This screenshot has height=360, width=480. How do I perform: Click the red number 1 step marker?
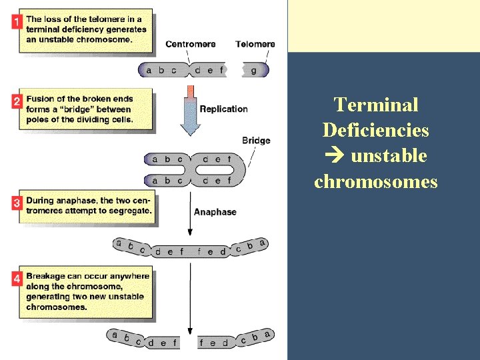pos(17,21)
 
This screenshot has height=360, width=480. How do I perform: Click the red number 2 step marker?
pos(17,101)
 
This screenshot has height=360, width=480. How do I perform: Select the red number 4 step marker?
pos(17,279)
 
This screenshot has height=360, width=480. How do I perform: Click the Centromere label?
pos(190,44)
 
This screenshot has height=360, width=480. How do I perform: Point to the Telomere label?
pos(255,44)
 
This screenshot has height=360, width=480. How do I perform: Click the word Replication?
pos(223,109)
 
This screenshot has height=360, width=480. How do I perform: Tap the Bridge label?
pos(256,140)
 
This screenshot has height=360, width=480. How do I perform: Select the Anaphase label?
pos(215,212)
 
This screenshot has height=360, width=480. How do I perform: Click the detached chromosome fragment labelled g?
pos(255,70)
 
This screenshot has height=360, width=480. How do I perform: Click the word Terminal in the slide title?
pos(376,105)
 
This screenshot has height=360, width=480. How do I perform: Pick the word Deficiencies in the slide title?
pos(375,130)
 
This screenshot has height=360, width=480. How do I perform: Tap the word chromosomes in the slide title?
pos(375,181)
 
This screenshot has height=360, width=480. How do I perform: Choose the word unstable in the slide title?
pos(388,156)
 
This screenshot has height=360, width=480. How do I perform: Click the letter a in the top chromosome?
pos(148,70)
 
